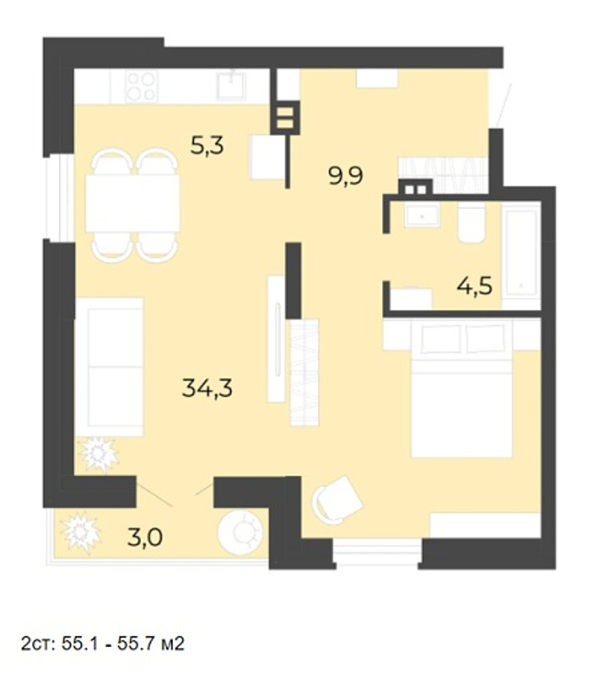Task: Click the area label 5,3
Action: pyautogui.click(x=207, y=146)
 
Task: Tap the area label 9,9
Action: pyautogui.click(x=346, y=175)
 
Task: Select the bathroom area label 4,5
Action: pyautogui.click(x=474, y=286)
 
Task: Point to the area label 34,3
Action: pyautogui.click(x=207, y=387)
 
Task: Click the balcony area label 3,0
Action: pyautogui.click(x=145, y=537)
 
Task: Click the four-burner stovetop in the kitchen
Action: pyautogui.click(x=141, y=86)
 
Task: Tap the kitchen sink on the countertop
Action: pyautogui.click(x=231, y=85)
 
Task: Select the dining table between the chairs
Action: pyautogui.click(x=133, y=203)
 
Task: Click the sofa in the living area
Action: pyautogui.click(x=109, y=367)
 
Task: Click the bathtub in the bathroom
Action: pyautogui.click(x=521, y=255)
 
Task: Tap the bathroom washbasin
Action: pyautogui.click(x=422, y=215)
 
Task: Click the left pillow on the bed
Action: pyautogui.click(x=441, y=338)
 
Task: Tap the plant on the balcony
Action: pyautogui.click(x=80, y=533)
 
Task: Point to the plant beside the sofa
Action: pyautogui.click(x=99, y=454)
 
